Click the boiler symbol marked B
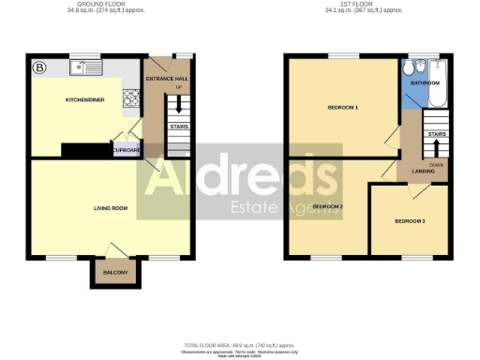40,68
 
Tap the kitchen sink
90,67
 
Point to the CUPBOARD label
126,149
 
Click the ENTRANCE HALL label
166,79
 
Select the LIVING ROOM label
111,208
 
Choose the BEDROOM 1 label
342,109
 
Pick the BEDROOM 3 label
410,221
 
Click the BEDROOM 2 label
327,206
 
